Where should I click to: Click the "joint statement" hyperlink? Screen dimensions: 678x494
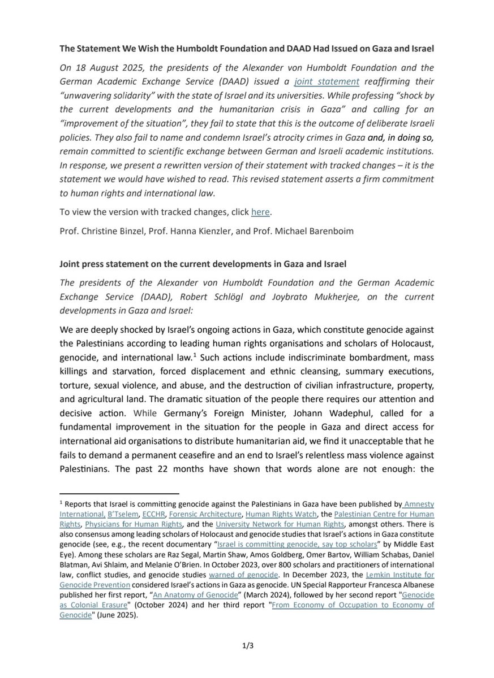(x=327, y=81)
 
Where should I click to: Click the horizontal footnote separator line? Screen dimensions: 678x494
(x=119, y=493)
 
